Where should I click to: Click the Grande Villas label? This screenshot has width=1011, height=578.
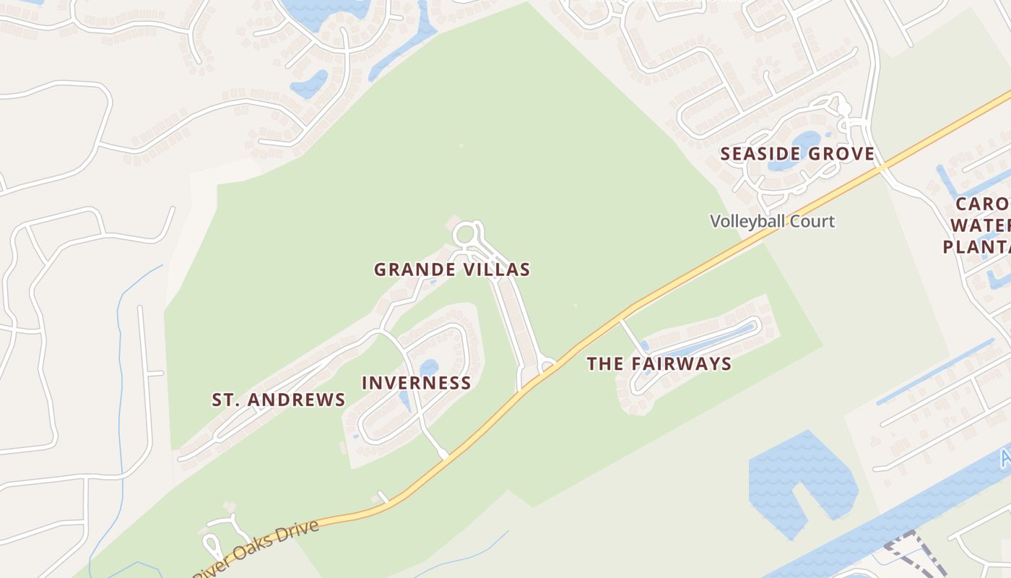[452, 270]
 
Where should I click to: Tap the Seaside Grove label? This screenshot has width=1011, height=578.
[797, 154]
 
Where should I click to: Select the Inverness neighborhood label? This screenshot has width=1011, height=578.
[416, 383]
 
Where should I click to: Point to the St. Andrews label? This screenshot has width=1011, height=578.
[278, 400]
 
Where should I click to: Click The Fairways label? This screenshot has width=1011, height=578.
[659, 364]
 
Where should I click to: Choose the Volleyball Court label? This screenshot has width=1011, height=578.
[772, 221]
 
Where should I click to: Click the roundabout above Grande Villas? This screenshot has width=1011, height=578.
[465, 234]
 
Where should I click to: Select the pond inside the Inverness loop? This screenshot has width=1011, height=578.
[429, 368]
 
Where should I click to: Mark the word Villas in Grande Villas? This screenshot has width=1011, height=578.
[498, 270]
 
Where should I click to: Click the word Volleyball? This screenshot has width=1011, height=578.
[747, 221]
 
